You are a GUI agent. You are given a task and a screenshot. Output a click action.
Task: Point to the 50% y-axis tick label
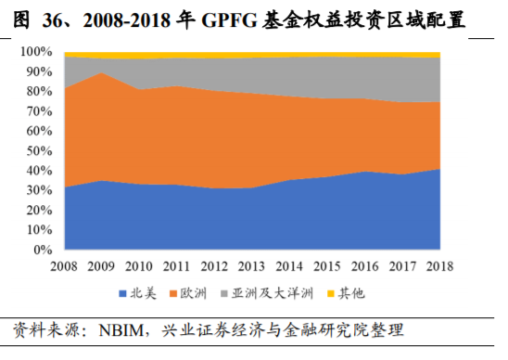[40, 151]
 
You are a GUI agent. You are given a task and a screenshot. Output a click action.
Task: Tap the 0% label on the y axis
[44, 251]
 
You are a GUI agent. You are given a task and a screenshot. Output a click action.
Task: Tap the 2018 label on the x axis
[438, 267]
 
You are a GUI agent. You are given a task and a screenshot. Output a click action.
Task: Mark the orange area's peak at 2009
[101, 72]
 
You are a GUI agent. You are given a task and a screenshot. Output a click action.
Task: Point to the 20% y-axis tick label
[40, 211]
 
